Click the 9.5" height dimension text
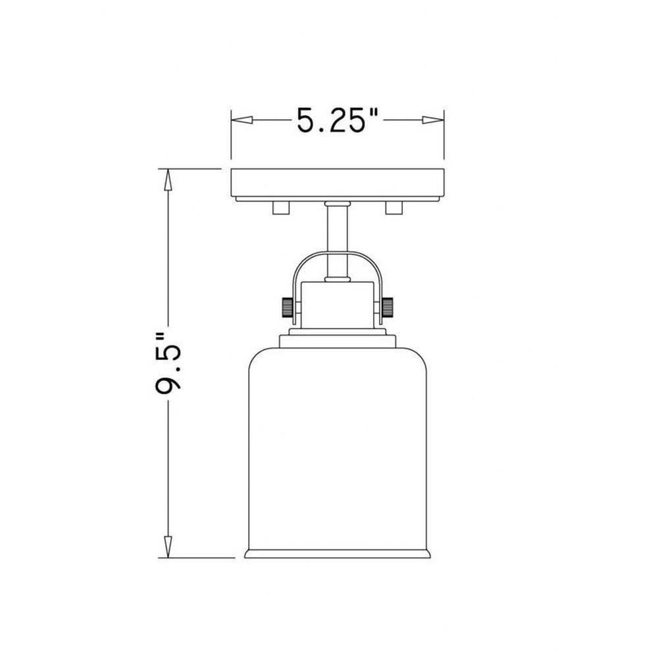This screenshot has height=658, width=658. (168, 363)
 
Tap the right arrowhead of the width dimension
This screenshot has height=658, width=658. (433, 120)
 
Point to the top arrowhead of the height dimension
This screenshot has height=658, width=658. (168, 179)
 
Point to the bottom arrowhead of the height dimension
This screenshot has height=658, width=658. (168, 547)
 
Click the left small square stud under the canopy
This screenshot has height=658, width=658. (281, 207)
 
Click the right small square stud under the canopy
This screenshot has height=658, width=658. (393, 207)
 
